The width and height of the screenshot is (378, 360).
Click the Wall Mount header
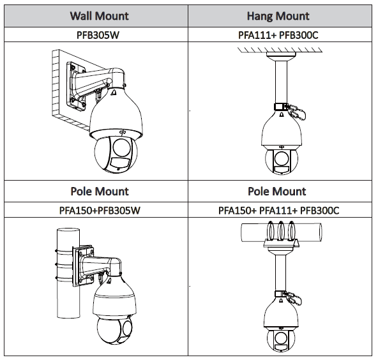(100, 16)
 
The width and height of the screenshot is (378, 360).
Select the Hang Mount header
(278, 16)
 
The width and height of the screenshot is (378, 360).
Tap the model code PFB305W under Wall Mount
(98, 35)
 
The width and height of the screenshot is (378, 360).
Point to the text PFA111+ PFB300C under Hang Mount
(278, 35)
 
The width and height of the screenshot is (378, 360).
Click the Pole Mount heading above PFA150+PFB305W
(100, 191)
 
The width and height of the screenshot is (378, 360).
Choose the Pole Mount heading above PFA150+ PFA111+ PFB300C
(276, 191)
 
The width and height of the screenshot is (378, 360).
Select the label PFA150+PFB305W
(100, 211)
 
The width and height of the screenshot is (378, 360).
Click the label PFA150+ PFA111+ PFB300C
(278, 211)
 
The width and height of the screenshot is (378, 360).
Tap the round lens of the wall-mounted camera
(122, 147)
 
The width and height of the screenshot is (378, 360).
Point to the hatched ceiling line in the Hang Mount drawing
(280, 50)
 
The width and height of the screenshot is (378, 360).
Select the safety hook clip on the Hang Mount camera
(296, 112)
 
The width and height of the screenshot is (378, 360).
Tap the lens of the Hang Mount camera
(281, 158)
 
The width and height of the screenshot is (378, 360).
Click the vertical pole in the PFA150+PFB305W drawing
(68, 273)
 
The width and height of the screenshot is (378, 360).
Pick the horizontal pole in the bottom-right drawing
(282, 232)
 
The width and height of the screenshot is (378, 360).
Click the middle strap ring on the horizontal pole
(281, 231)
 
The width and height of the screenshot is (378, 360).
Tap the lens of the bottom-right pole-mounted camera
(280, 338)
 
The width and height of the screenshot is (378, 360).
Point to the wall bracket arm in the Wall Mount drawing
(96, 80)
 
